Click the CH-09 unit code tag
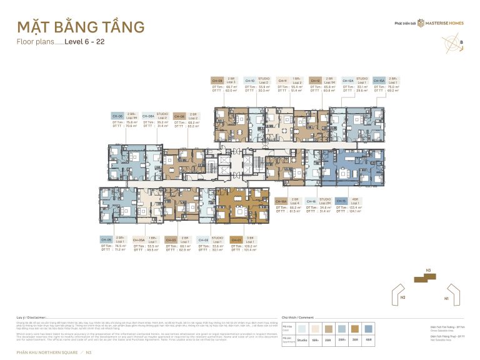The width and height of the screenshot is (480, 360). pos(217,81)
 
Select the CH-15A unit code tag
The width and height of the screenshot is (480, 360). pos(379,81)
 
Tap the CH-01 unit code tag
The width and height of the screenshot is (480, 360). pos(236,239)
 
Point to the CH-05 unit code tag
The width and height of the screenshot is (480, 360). pos(106,239)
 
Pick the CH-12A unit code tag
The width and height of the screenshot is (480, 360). pos(347,81)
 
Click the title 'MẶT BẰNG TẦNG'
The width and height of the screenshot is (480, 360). pos(81,28)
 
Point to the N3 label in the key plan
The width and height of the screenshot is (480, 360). pos(428,271)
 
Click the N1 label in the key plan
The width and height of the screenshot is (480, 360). pos(446,299)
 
